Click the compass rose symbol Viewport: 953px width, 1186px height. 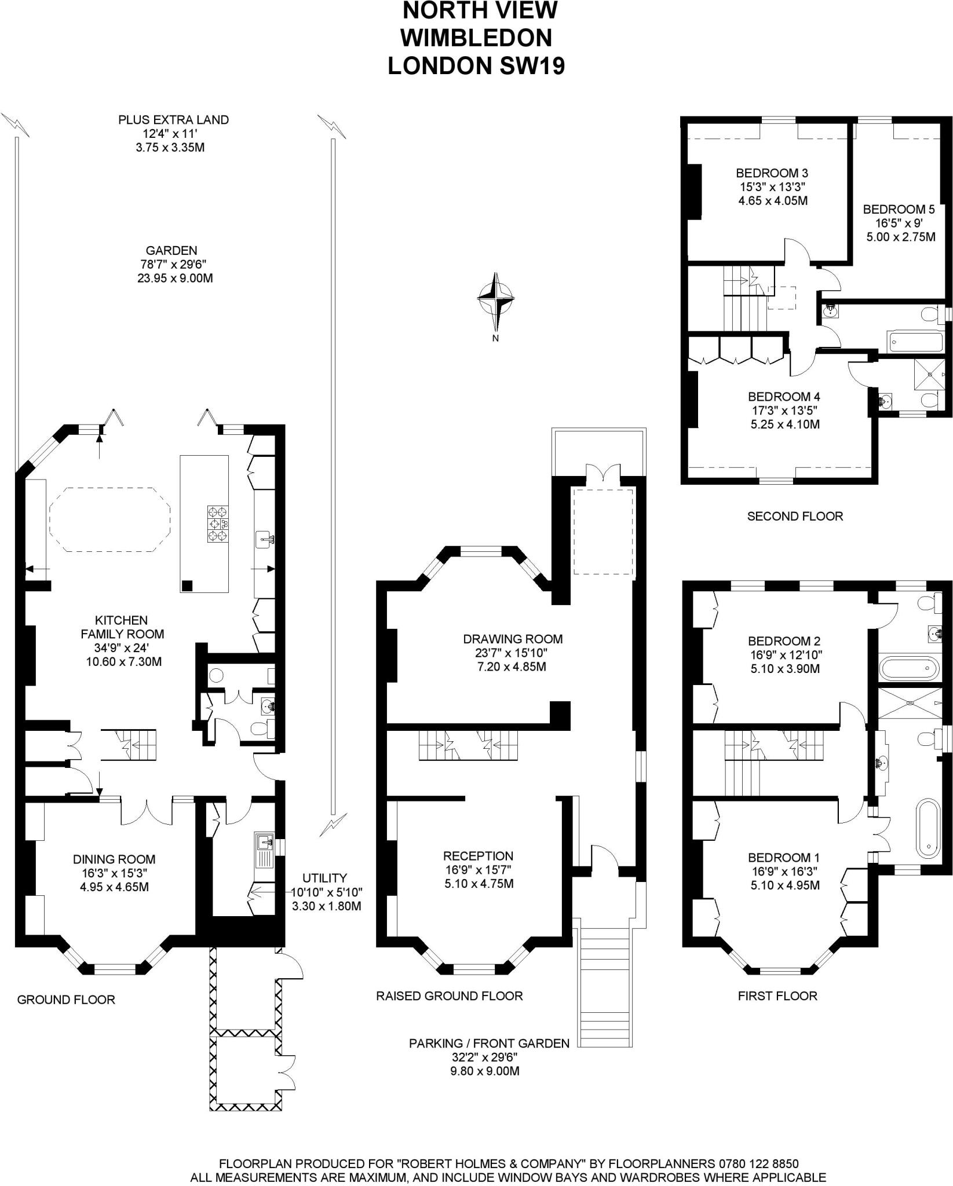(495, 299)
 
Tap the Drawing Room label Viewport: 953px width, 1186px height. (513, 639)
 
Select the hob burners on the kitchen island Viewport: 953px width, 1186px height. (218, 524)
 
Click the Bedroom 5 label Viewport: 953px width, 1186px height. (899, 209)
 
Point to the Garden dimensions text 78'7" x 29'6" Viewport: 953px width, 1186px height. (171, 265)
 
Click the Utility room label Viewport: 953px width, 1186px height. (324, 878)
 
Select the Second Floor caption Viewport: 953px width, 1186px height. (795, 516)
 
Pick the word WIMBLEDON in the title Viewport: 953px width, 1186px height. (476, 38)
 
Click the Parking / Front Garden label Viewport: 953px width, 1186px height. (489, 1043)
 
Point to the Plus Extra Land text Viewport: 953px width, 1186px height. (173, 120)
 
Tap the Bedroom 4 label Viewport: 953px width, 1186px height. (783, 397)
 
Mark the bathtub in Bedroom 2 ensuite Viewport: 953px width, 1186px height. (907, 668)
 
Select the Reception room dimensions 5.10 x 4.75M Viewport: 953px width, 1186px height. (479, 884)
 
